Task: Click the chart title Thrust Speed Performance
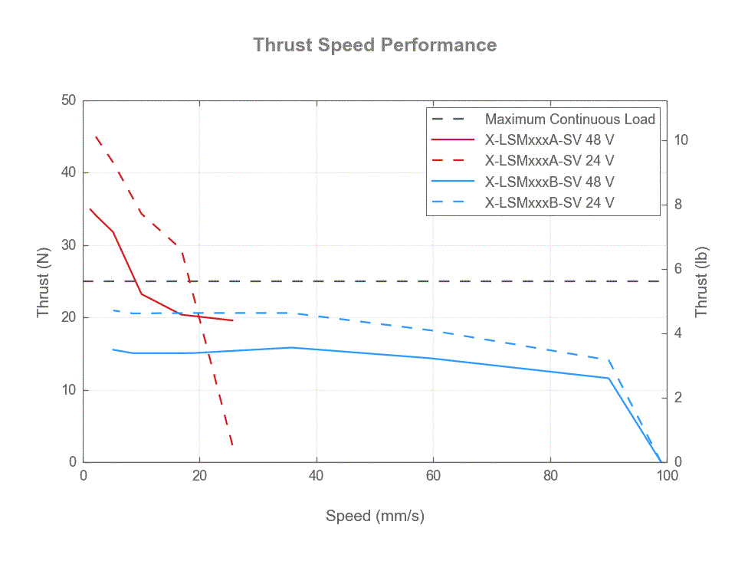tap(375, 45)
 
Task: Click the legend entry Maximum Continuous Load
tap(569, 120)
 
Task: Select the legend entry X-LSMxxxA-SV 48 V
tap(549, 140)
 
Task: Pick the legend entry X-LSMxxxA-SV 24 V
tap(549, 161)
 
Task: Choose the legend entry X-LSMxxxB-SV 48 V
tap(549, 182)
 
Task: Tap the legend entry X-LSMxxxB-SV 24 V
tap(549, 203)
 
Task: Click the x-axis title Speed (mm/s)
tap(375, 516)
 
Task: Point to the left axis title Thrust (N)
tap(44, 281)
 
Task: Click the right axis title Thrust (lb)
tap(701, 281)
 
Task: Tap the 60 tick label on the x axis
tap(433, 475)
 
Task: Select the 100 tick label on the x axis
tap(667, 475)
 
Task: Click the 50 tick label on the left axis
tap(69, 100)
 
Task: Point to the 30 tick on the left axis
tap(69, 245)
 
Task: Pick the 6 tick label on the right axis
tap(677, 269)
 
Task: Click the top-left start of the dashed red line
tap(95, 136)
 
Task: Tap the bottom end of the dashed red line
tap(232, 445)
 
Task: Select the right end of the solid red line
tap(233, 320)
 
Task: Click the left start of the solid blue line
tap(113, 349)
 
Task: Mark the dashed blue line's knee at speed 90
tap(609, 359)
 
